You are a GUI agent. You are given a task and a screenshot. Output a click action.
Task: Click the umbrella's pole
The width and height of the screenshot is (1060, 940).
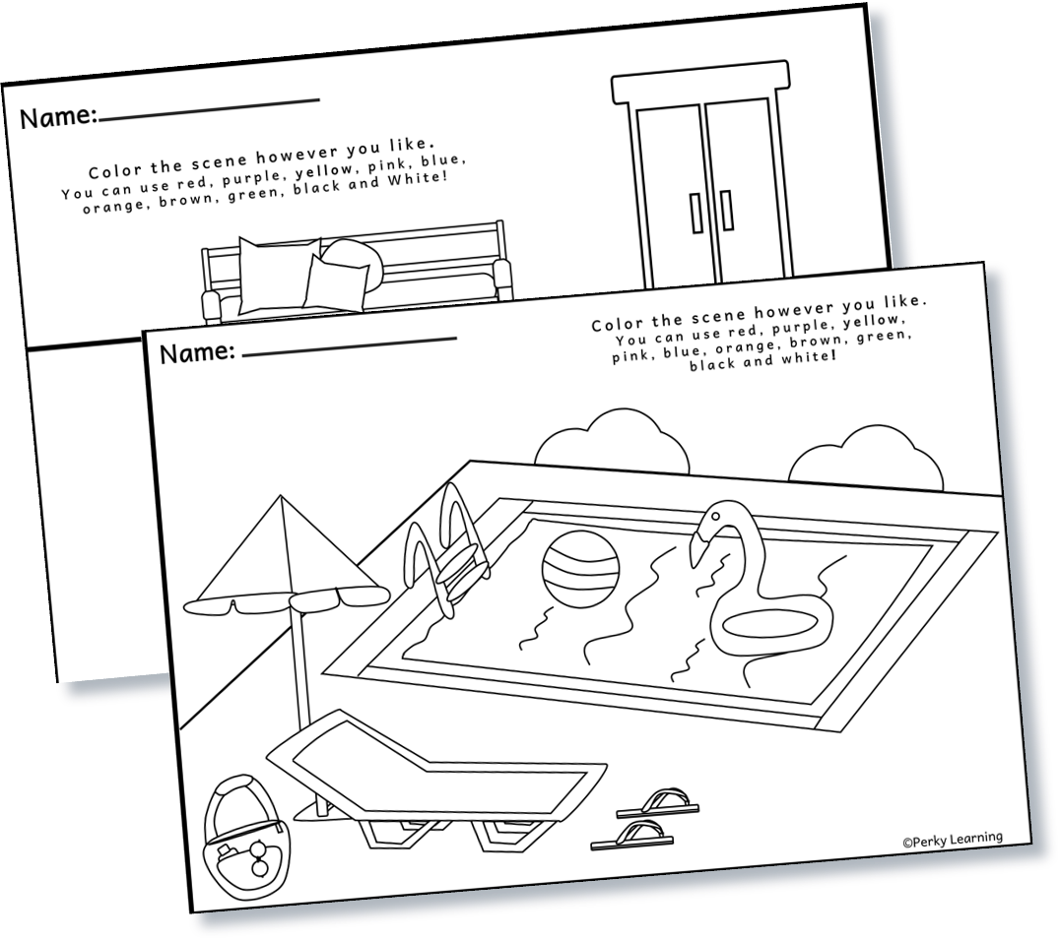click(301, 669)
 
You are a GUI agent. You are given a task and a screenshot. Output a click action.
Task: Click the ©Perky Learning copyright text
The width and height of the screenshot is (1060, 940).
click(952, 839)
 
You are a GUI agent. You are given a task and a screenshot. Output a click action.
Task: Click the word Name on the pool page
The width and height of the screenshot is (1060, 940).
click(196, 353)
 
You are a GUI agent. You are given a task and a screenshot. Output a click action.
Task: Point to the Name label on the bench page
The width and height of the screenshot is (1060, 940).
click(57, 118)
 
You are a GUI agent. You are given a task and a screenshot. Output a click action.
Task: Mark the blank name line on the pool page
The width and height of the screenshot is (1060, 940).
click(350, 344)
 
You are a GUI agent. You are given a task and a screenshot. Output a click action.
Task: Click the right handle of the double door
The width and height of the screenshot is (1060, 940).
click(726, 210)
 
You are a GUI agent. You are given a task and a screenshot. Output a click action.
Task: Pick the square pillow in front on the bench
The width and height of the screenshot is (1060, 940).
click(336, 282)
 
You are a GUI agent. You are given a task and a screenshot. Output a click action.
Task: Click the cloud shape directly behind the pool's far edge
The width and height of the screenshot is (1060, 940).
click(612, 442)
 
